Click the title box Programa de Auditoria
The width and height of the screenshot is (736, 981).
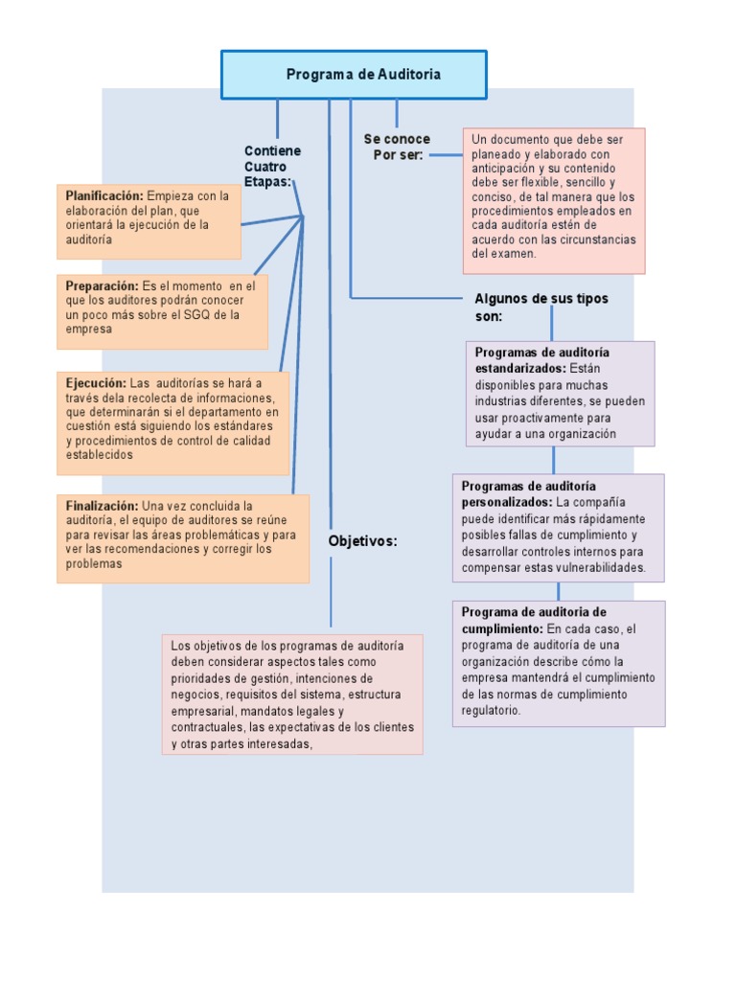pos(355,75)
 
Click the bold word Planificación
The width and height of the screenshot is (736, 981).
pos(103,195)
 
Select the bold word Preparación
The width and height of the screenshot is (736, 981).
pos(102,285)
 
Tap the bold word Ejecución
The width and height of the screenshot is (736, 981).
pos(96,383)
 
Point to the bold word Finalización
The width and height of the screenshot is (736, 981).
pos(102,505)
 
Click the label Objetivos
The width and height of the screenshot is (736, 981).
pos(362,541)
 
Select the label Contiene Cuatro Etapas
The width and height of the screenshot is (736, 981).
pos(272,166)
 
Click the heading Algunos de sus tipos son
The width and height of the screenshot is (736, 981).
pos(540,307)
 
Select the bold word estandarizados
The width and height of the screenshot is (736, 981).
pos(520,368)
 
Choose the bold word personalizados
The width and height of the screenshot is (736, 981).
pos(506,502)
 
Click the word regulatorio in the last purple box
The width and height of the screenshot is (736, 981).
pos(490,712)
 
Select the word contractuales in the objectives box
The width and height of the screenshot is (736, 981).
pos(207,728)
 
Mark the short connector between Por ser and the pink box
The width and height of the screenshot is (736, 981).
pos(445,153)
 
